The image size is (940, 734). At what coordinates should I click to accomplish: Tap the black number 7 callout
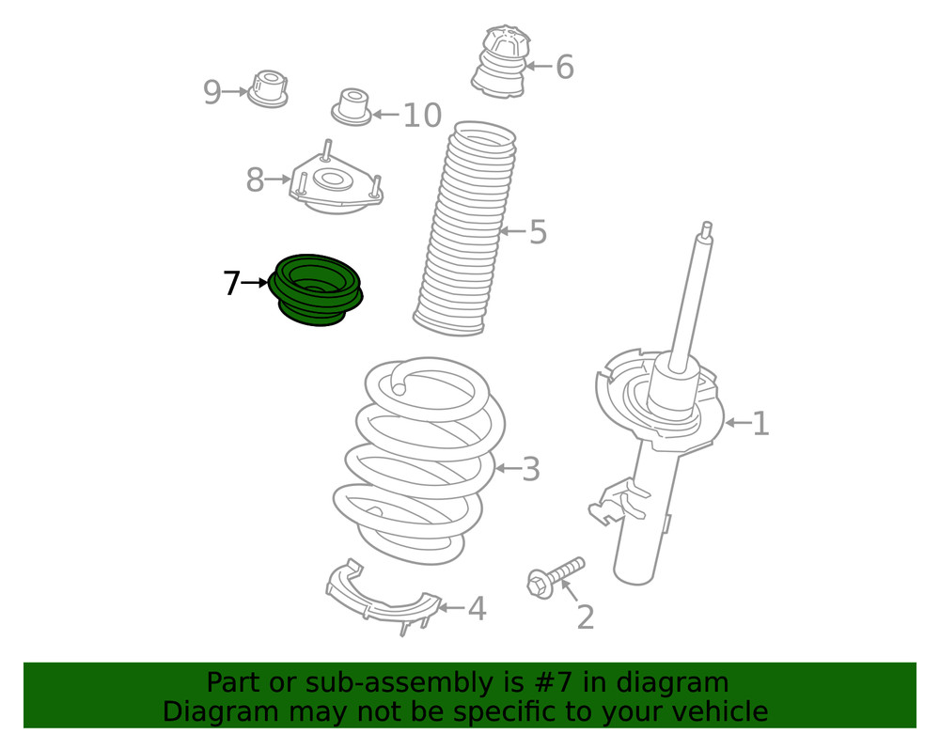pyautogui.click(x=231, y=283)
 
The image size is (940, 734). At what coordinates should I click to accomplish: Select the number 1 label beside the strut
pyautogui.click(x=760, y=424)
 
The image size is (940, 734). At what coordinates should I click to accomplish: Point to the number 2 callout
pyautogui.click(x=585, y=618)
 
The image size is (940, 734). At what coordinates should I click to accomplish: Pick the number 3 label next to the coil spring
pyautogui.click(x=531, y=469)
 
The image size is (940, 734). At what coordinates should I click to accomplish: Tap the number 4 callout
pyautogui.click(x=478, y=609)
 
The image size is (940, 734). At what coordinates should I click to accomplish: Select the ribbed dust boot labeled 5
pyautogui.click(x=465, y=230)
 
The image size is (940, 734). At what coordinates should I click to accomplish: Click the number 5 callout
pyautogui.click(x=538, y=232)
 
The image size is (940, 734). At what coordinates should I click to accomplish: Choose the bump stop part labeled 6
pyautogui.click(x=499, y=62)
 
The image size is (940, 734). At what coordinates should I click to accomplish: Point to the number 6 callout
pyautogui.click(x=564, y=68)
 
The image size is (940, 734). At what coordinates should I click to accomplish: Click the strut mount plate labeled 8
pyautogui.click(x=335, y=180)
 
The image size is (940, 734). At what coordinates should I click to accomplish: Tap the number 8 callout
pyautogui.click(x=255, y=180)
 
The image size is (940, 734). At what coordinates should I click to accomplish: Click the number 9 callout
pyautogui.click(x=212, y=92)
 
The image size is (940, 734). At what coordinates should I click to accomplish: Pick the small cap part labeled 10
pyautogui.click(x=352, y=106)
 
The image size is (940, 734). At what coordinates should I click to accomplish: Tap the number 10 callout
pyautogui.click(x=422, y=116)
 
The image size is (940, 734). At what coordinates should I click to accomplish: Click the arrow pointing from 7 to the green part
pyautogui.click(x=256, y=282)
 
